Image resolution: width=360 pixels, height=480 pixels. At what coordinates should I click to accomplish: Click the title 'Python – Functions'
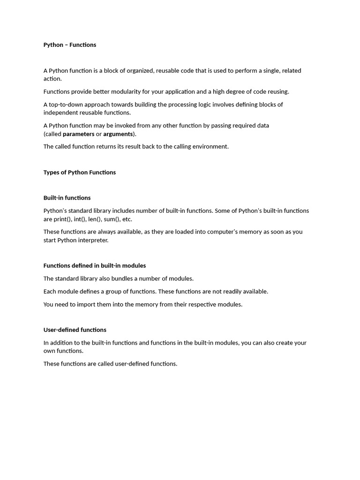tap(70, 45)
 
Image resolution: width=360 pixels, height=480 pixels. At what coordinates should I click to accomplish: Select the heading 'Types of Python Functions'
tap(80, 172)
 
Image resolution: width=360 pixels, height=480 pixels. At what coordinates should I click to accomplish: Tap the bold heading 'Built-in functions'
tap(67, 198)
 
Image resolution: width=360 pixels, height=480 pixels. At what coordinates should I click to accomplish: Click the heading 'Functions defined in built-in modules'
tap(95, 266)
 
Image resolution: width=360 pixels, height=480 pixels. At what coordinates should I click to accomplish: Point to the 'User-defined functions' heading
tap(75, 330)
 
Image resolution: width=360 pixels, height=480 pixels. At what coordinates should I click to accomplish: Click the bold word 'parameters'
tap(79, 134)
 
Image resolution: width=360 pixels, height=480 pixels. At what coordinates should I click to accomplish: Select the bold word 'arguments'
tap(118, 134)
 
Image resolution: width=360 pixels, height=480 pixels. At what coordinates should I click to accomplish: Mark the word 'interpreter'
tap(93, 240)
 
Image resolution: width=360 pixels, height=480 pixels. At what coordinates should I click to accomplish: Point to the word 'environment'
tap(209, 147)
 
